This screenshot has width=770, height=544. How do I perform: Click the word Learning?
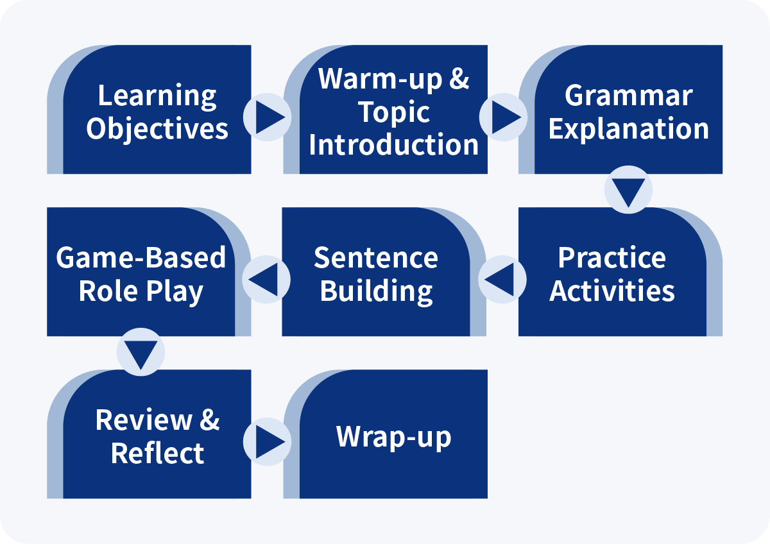[157, 97]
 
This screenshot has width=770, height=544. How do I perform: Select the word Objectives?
[157, 130]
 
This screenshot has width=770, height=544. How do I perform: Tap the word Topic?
[394, 113]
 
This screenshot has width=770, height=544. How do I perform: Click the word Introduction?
[393, 145]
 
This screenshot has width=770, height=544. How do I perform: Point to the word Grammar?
[629, 96]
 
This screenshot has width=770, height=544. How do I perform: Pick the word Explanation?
[629, 130]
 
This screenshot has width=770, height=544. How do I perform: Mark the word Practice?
[612, 258]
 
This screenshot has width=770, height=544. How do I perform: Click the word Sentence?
[376, 258]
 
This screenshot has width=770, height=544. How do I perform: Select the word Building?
[376, 292]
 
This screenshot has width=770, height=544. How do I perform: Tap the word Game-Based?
[141, 258]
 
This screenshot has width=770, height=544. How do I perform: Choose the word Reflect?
[157, 454]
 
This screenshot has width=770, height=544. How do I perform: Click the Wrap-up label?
[393, 437]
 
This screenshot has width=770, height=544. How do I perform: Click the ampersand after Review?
[209, 420]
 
